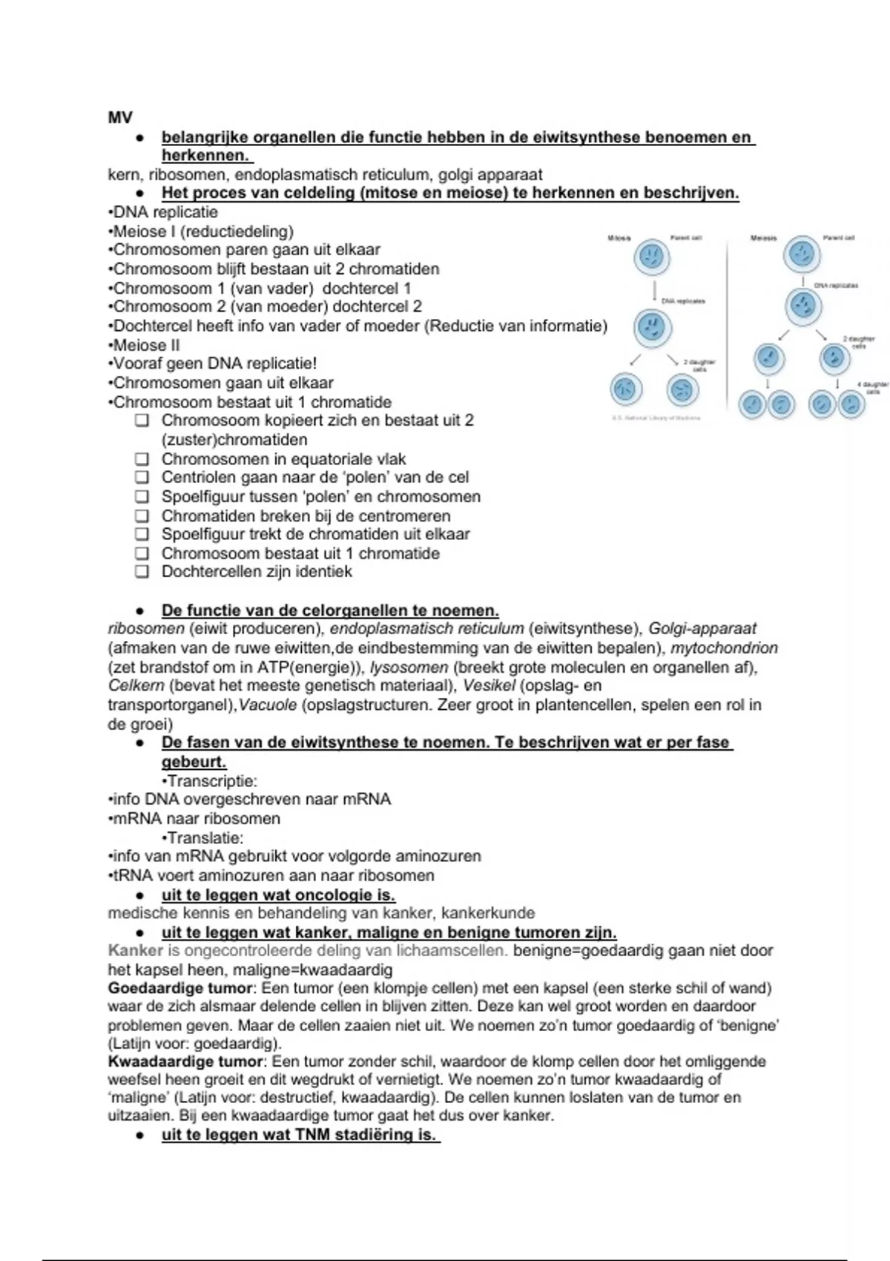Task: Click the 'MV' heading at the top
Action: click(120, 117)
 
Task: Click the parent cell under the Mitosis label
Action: click(652, 257)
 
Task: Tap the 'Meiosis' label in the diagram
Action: click(763, 238)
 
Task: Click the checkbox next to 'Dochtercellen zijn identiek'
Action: click(142, 572)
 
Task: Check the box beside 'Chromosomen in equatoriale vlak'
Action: click(142, 459)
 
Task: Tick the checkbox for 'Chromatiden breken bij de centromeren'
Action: click(142, 516)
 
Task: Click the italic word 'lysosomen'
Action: click(409, 667)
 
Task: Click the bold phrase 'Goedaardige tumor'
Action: click(180, 988)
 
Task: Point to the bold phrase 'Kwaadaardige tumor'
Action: click(185, 1061)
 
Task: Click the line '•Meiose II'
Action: click(144, 345)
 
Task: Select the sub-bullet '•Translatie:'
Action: click(202, 837)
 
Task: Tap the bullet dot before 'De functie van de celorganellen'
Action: click(139, 611)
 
